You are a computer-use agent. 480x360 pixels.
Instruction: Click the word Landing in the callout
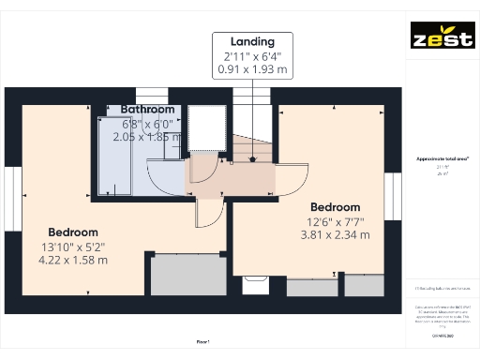click(252, 41)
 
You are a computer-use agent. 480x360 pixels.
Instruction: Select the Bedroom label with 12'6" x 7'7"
click(335, 207)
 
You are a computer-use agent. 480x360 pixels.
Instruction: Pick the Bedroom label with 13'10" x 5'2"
click(73, 232)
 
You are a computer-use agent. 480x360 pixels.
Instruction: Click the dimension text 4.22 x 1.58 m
click(74, 259)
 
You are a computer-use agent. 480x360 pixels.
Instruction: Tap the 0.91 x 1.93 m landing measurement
click(252, 68)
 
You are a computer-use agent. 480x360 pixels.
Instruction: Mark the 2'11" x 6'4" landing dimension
click(252, 55)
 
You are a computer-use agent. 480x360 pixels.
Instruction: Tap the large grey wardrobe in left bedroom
click(188, 274)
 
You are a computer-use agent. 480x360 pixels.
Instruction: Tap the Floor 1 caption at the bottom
click(202, 342)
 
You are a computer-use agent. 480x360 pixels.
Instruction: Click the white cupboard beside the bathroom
click(203, 129)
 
